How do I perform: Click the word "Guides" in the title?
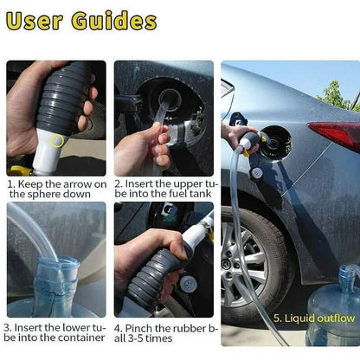[114, 20]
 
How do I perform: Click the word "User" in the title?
[35, 21]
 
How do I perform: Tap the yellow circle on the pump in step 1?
[57, 140]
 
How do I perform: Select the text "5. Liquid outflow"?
[314, 318]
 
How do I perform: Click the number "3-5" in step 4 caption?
[135, 338]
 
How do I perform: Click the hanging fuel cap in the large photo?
[256, 173]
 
